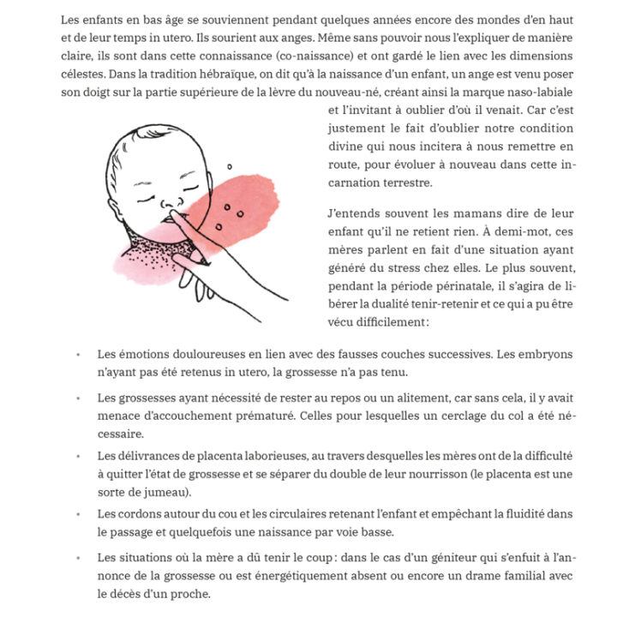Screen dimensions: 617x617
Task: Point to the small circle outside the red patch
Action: coord(229,166)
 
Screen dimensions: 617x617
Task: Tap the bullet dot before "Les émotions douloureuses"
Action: coord(78,354)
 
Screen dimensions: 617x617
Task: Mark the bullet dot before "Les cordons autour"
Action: coord(78,513)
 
